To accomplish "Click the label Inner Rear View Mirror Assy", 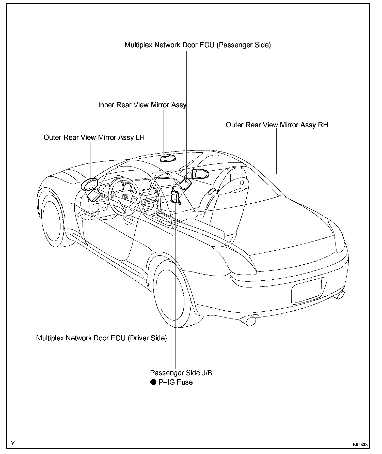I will point(142,105).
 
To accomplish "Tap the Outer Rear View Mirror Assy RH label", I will point(277,125).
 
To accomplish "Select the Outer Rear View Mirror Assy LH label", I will point(94,138).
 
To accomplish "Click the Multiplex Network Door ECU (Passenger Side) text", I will point(197,45).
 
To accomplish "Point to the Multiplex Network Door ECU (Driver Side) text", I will point(101,338).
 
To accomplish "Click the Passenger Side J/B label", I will point(181,373).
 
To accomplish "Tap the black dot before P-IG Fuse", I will point(153,382).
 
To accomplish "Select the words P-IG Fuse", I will point(176,382).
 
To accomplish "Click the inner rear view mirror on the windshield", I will point(168,158).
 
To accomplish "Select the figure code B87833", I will point(360,445).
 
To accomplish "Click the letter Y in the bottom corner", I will point(13,444).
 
